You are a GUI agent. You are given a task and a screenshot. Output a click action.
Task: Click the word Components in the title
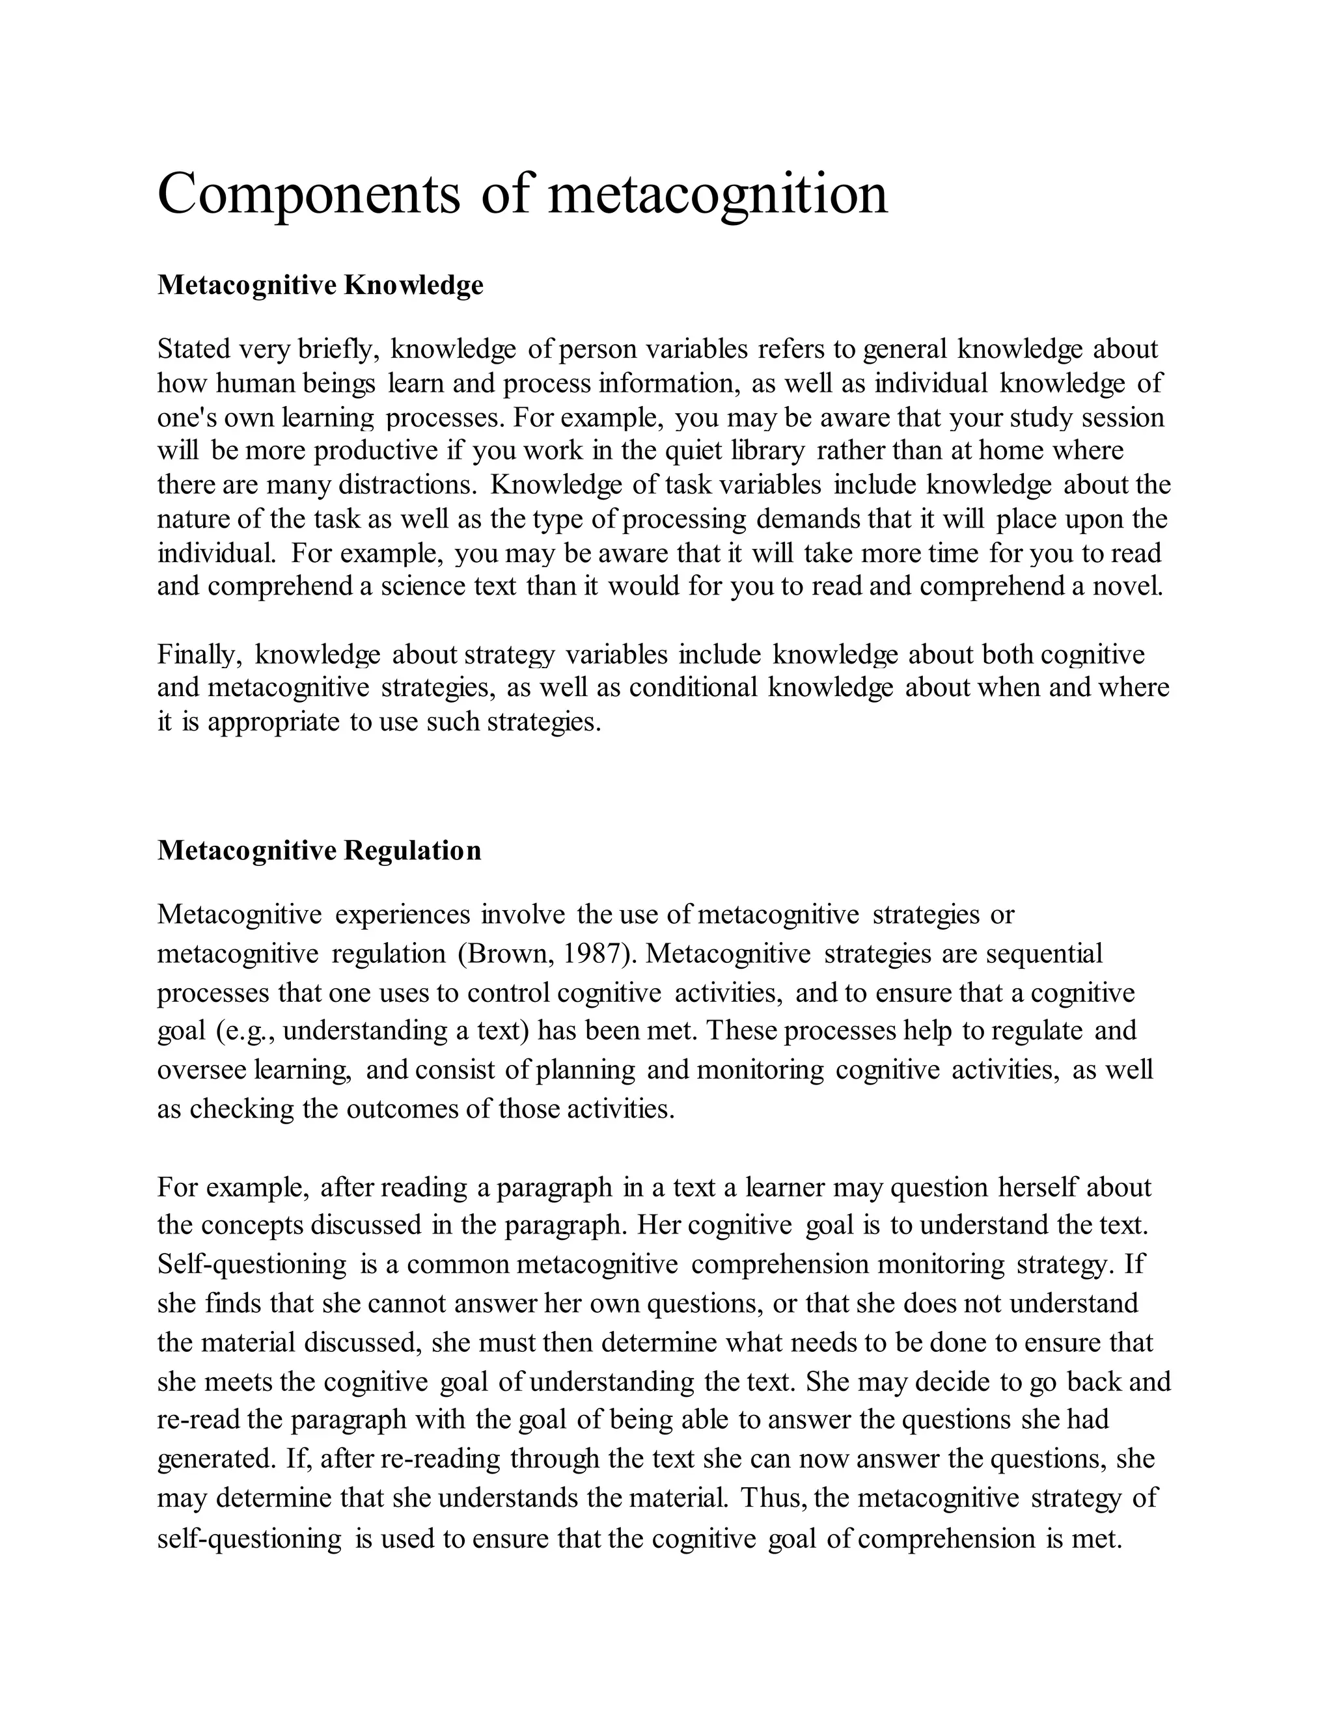[309, 194]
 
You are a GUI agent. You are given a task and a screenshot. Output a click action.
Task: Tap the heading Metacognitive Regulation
[319, 850]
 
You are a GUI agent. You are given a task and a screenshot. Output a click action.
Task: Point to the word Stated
[192, 349]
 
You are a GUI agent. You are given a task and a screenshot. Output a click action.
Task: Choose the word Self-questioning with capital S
[251, 1265]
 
